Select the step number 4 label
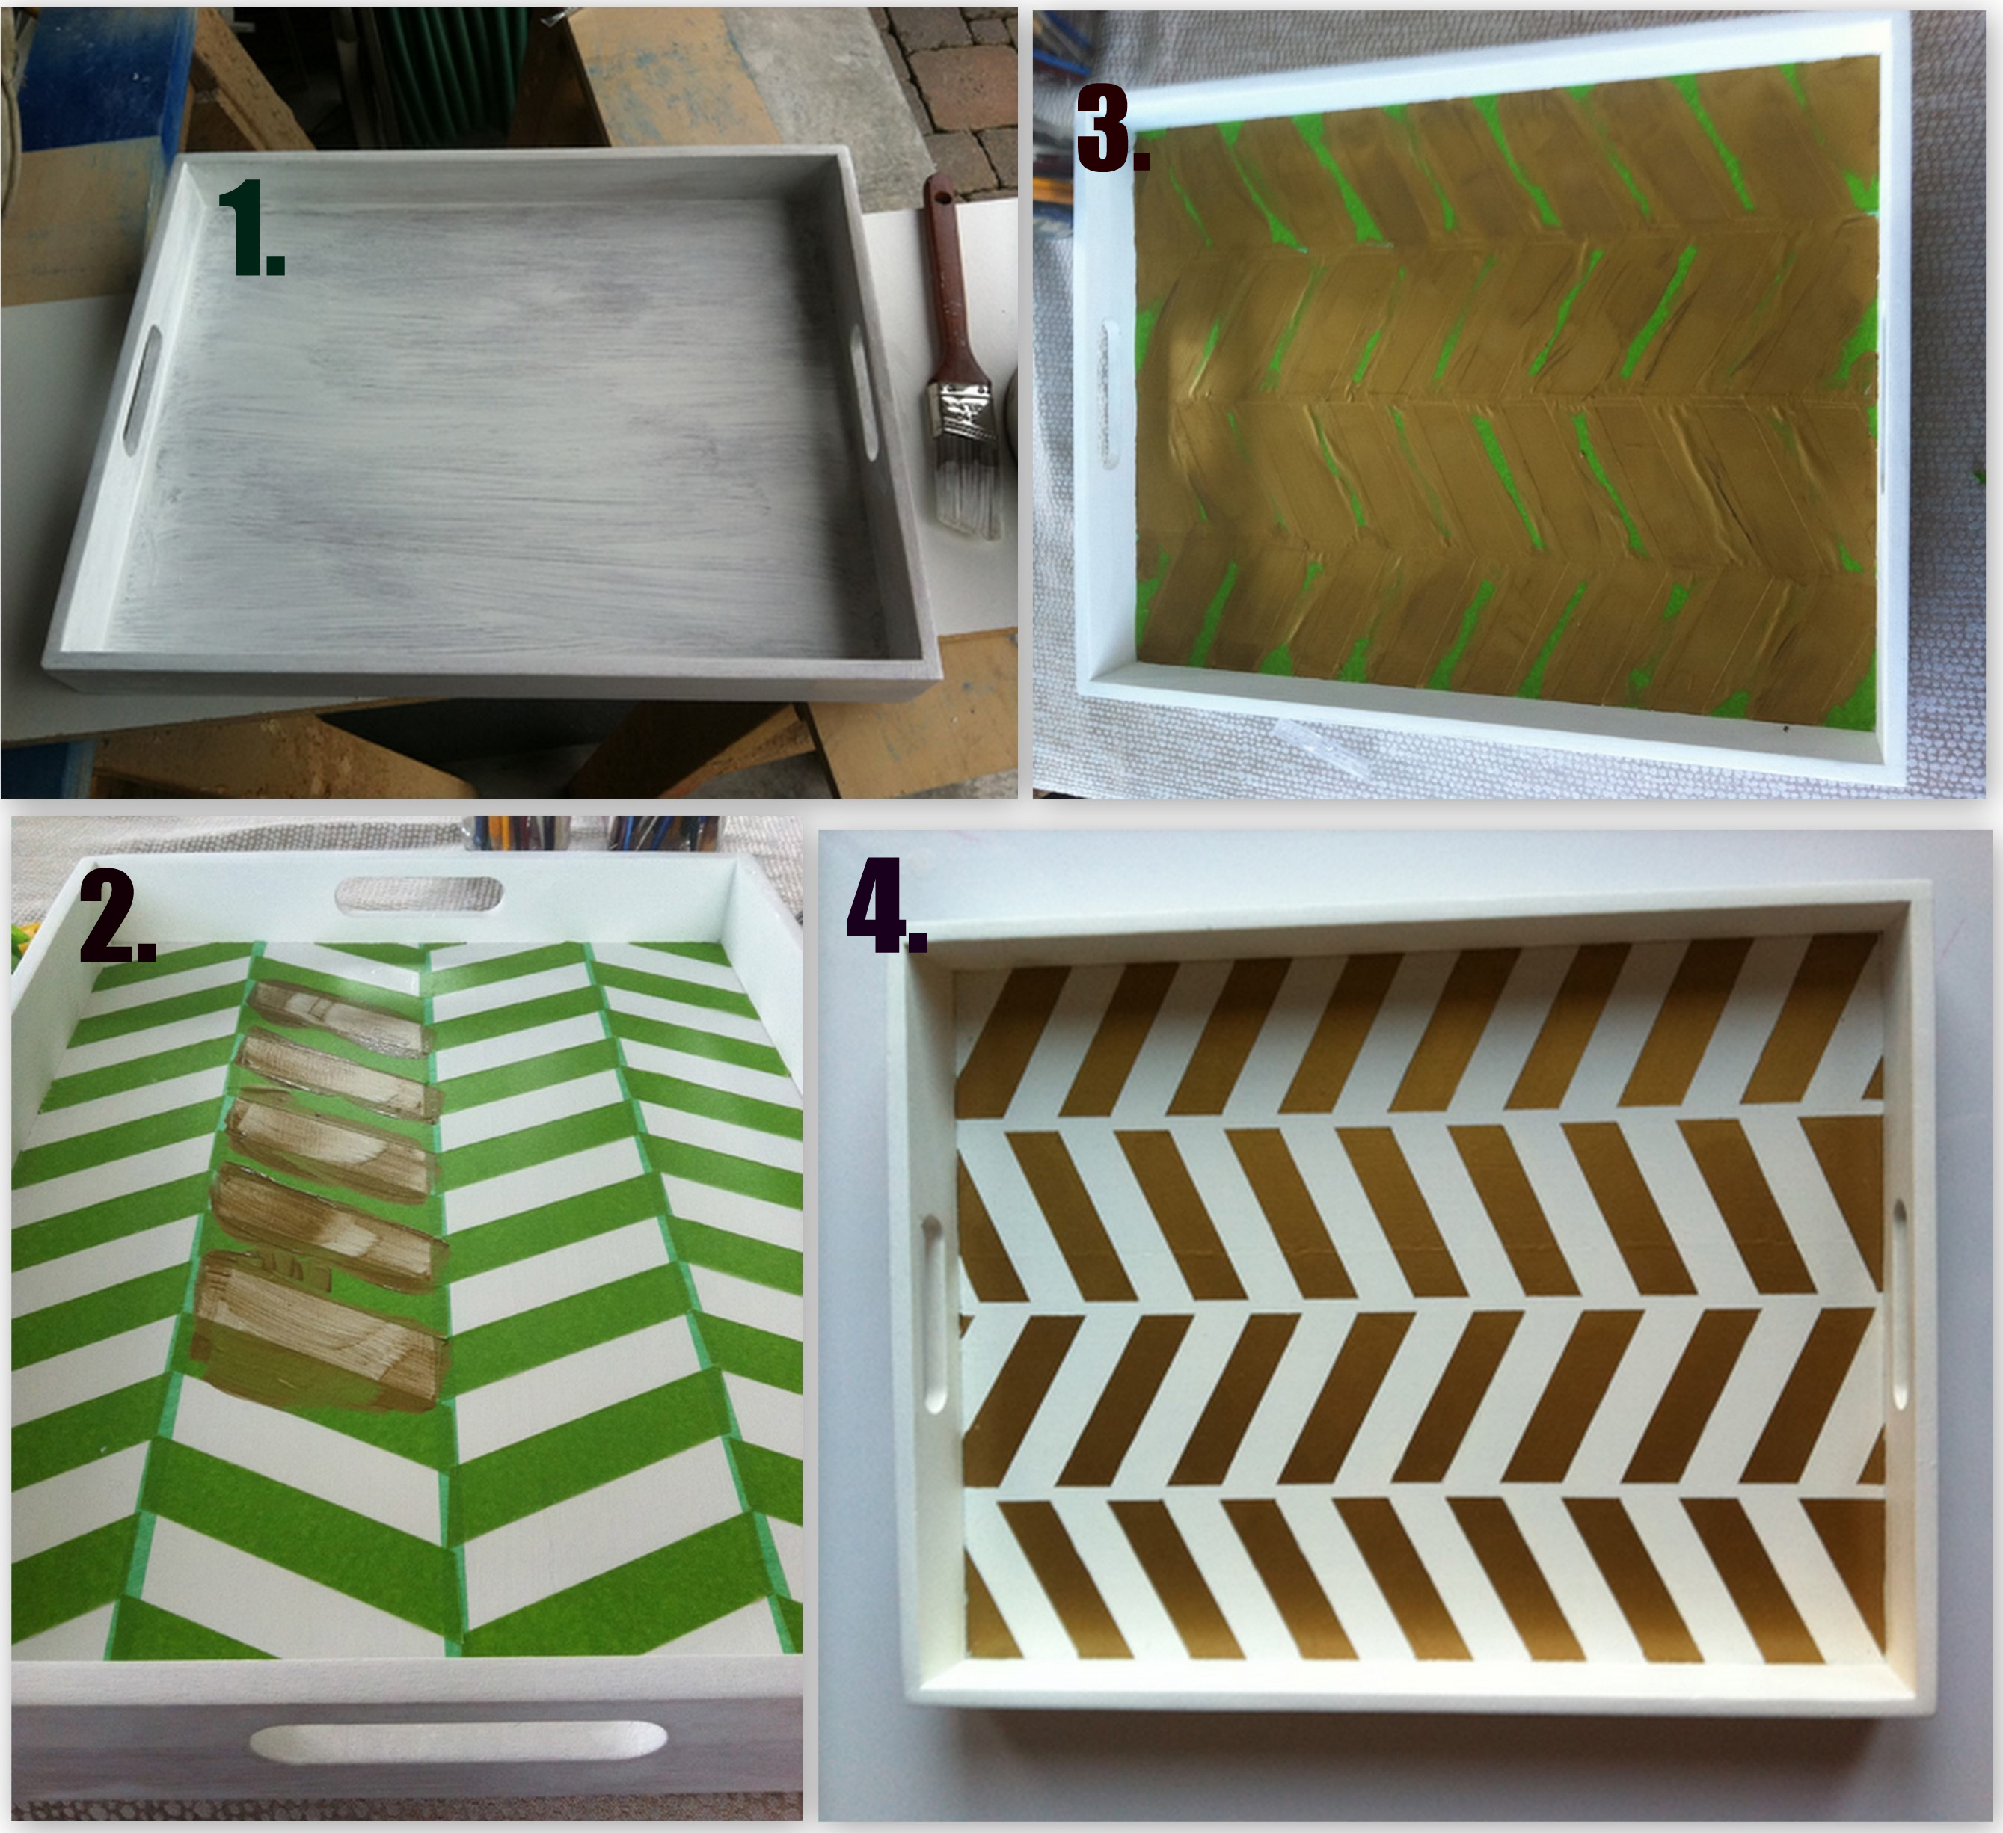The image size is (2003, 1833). [886, 905]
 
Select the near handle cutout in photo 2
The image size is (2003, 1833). [457, 1742]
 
